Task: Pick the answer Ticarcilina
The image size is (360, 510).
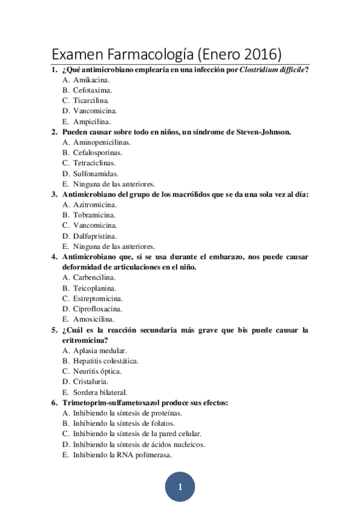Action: click(91, 100)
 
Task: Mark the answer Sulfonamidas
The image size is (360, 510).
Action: click(96, 173)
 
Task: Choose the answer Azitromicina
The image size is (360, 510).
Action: click(95, 204)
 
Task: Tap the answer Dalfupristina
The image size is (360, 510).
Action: click(95, 236)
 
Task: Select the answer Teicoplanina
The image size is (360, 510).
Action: click(94, 288)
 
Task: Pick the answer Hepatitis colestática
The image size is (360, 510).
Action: click(106, 361)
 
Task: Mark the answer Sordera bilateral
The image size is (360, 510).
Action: click(100, 392)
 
